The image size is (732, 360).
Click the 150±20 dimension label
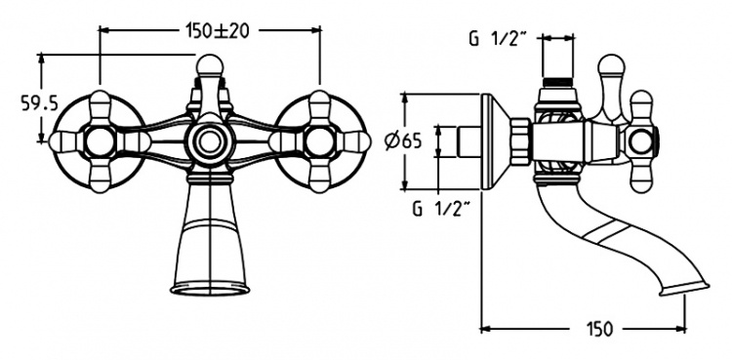[x=217, y=31]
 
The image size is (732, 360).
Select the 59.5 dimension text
[x=40, y=103]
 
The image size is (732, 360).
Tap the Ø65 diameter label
[x=403, y=140]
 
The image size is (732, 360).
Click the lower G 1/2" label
[x=441, y=209]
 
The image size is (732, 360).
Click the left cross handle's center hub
[x=100, y=141]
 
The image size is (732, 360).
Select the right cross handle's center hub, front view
[x=320, y=141]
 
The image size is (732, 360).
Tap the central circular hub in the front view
[x=210, y=141]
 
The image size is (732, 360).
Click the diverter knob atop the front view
[x=210, y=66]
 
